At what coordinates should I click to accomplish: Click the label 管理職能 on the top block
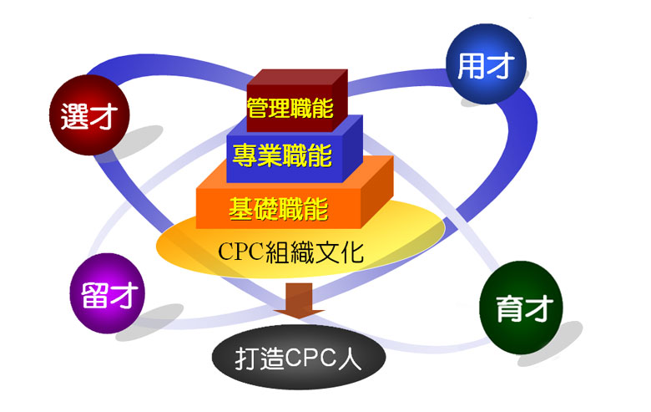click(290, 108)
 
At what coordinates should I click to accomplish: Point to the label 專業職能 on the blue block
click(282, 155)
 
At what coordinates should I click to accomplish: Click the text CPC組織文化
click(290, 251)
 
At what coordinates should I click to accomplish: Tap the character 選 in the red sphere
click(74, 117)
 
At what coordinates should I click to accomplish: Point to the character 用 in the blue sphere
click(472, 67)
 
